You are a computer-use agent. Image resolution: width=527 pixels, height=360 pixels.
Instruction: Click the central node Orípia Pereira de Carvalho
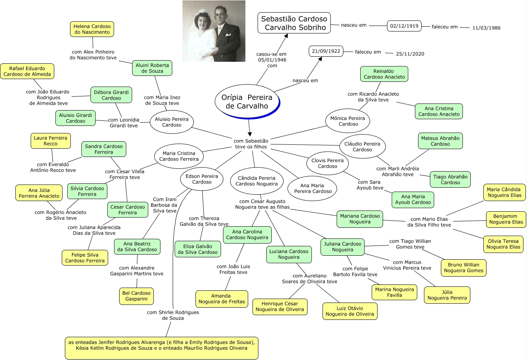247,102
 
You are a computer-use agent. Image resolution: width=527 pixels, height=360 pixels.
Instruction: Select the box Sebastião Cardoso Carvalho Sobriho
294,23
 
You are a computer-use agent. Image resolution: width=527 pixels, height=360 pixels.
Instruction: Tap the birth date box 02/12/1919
404,26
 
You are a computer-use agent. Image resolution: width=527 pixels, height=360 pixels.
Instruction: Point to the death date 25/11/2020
410,54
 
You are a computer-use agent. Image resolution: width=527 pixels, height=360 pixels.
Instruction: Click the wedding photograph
214,31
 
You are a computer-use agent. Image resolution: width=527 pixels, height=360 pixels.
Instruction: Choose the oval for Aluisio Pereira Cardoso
171,122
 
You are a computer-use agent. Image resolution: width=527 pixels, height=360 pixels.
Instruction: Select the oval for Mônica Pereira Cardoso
348,121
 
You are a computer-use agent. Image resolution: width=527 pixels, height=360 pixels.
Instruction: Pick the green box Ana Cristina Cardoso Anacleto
439,111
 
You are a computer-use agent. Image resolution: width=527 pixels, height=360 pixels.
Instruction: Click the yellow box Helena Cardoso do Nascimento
92,29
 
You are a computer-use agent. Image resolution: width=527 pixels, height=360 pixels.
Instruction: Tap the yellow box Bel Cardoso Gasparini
136,296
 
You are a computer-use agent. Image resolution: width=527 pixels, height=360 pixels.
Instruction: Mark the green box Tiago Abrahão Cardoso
450,179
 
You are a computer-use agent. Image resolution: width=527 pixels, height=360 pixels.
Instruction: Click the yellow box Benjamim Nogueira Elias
506,219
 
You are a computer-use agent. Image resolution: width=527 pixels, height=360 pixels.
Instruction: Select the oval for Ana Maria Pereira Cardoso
313,188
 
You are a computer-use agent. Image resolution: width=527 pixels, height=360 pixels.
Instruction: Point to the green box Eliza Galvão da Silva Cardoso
197,249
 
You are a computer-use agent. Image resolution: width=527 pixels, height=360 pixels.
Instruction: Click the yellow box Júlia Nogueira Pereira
447,295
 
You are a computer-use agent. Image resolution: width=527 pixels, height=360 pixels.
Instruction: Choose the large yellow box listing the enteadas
162,348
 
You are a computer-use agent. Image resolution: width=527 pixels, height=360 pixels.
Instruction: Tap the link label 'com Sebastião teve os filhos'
251,144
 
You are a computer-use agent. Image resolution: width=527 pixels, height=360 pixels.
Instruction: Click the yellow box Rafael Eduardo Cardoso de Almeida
27,71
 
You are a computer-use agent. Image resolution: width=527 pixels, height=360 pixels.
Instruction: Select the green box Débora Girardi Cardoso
111,95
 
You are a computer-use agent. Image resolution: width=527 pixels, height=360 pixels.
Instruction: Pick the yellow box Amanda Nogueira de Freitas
221,299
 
